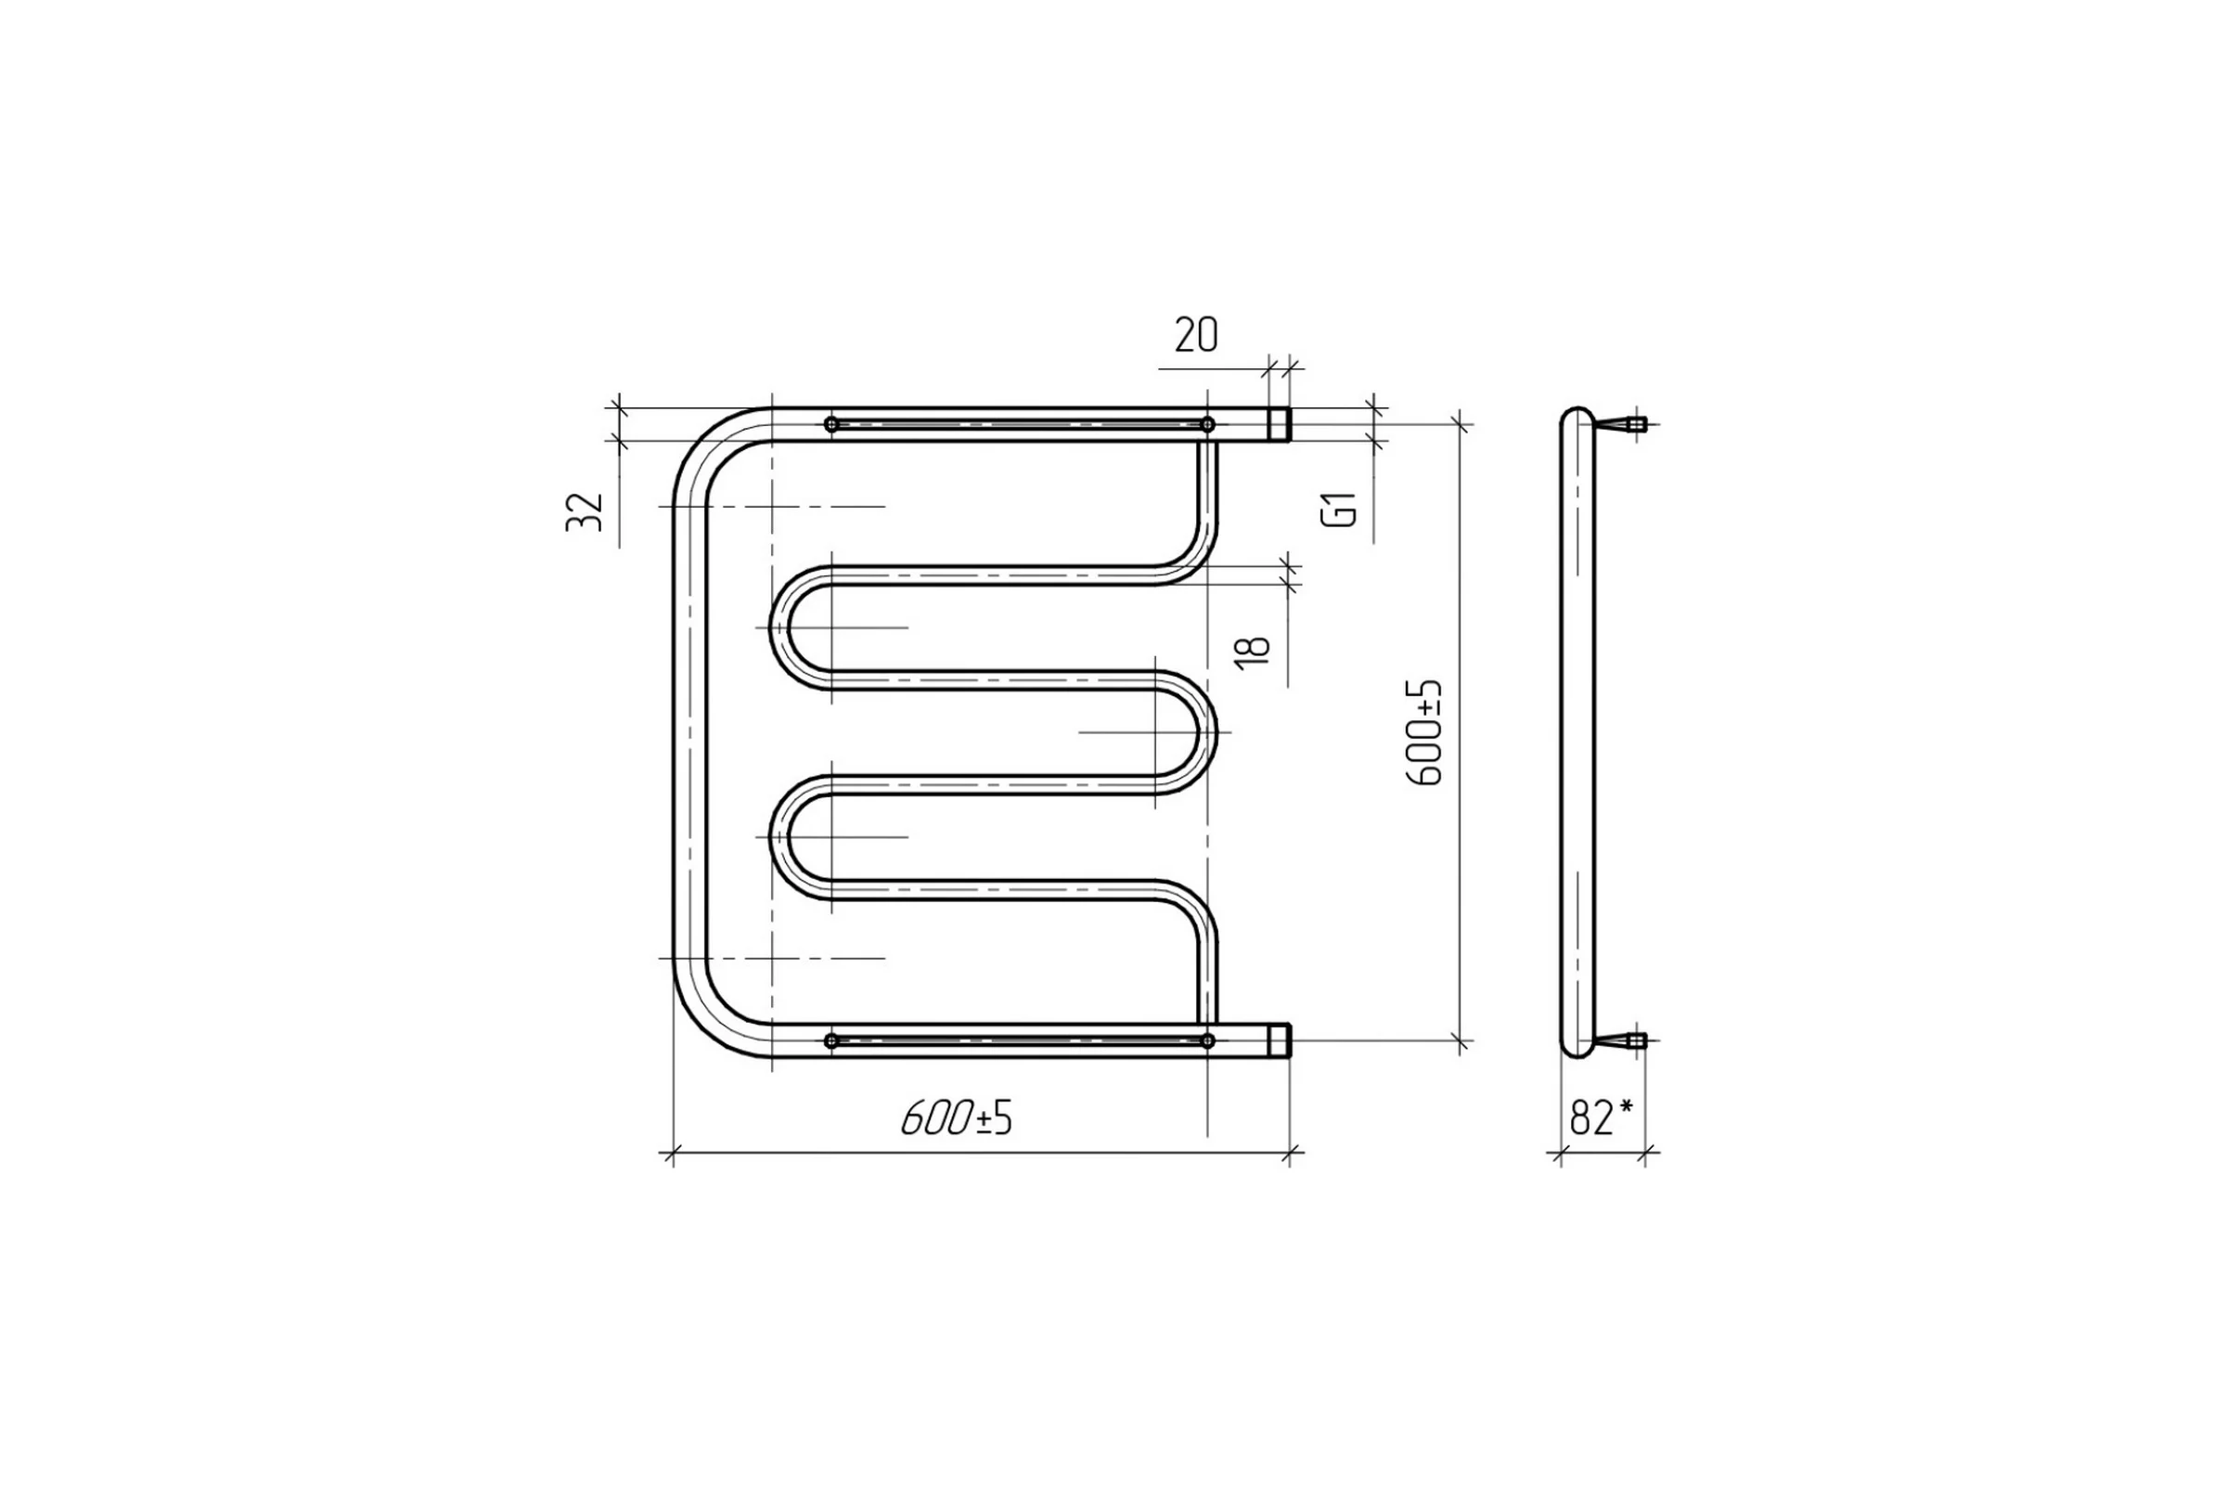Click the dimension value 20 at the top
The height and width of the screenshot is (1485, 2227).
pos(1196,335)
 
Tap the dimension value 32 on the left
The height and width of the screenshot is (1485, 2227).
pos(586,512)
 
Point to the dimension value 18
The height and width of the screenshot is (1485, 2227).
pos(1253,652)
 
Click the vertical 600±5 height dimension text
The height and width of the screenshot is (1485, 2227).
pos(1424,732)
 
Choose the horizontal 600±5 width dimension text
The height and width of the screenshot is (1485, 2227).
pos(957,1118)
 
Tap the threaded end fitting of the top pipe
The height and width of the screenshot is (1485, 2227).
pos(1280,424)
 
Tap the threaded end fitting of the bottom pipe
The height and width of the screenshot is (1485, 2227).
pos(1280,1040)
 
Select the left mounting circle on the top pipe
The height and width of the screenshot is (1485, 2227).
pos(831,424)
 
